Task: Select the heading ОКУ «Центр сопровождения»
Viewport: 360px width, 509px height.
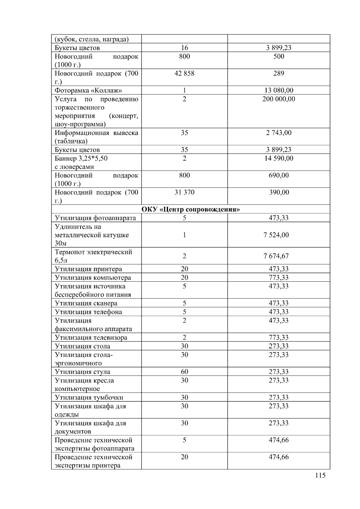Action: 190,209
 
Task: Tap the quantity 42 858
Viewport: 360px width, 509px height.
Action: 184,73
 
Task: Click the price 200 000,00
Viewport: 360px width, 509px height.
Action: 278,99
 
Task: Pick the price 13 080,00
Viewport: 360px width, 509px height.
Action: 278,90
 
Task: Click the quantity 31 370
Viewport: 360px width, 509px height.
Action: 184,192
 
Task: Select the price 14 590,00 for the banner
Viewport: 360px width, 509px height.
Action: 278,158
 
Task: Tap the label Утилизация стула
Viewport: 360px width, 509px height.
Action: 82,372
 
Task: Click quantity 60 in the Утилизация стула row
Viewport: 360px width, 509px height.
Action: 184,372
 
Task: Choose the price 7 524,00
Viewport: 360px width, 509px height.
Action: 276,235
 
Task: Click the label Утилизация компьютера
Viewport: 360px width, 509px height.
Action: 93,277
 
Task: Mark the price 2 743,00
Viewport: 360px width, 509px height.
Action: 278,133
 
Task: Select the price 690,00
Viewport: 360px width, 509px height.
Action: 278,175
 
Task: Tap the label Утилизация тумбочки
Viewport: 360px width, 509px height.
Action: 89,397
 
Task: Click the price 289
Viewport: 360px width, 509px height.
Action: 278,73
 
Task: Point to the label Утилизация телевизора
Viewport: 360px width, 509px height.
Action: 91,337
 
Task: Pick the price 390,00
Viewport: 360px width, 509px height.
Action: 279,192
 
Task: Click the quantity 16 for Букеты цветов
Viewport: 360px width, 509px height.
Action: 184,48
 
